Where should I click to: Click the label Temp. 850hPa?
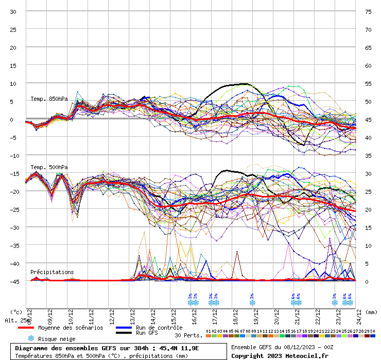point(49,99)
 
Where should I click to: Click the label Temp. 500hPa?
point(49,167)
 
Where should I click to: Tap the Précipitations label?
point(52,272)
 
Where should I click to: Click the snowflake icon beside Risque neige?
point(31,338)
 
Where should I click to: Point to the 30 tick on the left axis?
point(13,12)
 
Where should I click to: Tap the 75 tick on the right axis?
point(368,12)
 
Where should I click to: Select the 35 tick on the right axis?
point(368,155)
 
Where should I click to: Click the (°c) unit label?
point(16,312)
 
